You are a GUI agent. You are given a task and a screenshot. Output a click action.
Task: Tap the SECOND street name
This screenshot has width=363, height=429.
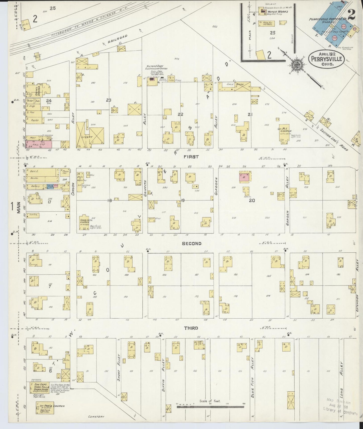pos(192,243)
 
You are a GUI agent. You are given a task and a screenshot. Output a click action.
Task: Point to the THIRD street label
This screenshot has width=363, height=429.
pos(191,328)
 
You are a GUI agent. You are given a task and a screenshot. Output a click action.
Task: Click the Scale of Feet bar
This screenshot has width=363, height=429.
pos(210,406)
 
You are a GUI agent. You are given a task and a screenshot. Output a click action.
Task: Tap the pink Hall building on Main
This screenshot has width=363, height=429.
pos(39,144)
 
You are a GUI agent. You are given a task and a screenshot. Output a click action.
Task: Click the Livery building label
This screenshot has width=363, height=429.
pos(87,137)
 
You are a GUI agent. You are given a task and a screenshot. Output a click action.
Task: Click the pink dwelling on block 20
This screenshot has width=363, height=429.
pos(244,177)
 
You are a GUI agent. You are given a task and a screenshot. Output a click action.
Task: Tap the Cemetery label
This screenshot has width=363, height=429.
pos(96,417)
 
